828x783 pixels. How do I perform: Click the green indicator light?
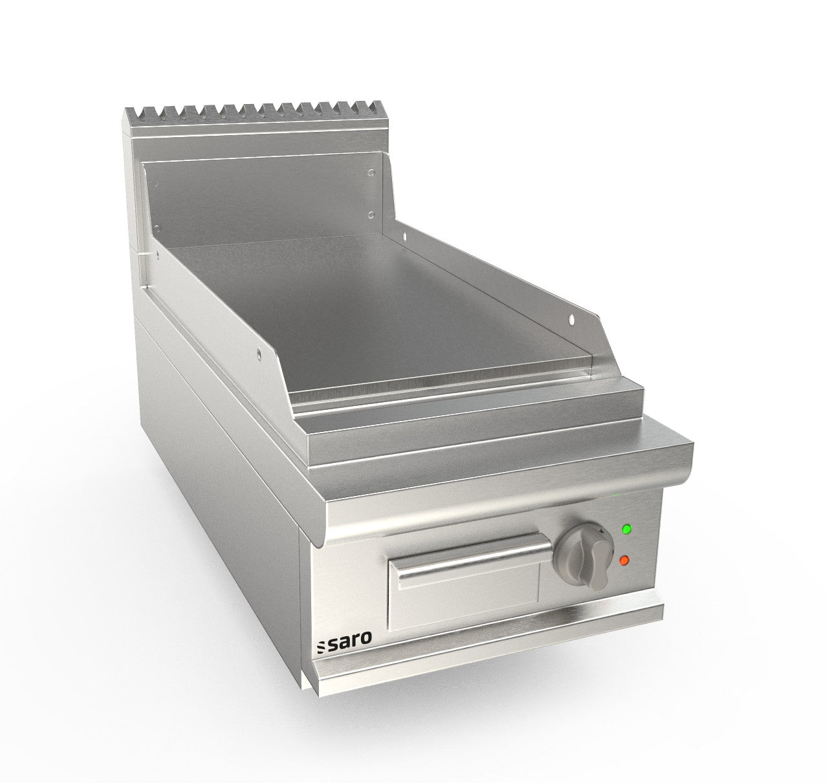click(x=626, y=530)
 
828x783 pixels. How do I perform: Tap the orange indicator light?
click(x=624, y=561)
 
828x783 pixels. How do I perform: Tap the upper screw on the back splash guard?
click(x=371, y=173)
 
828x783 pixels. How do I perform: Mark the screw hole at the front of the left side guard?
click(x=259, y=352)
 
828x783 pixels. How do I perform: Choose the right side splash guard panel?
click(x=492, y=272)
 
